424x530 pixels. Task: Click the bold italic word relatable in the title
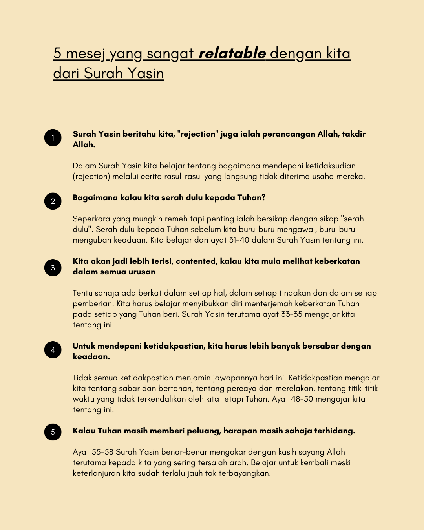pos(232,53)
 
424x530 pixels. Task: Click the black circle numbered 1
pos(53,138)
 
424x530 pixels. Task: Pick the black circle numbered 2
pos(53,201)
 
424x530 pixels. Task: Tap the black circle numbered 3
pos(53,268)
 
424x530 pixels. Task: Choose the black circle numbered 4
pos(53,350)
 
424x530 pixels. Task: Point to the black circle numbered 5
pos(53,432)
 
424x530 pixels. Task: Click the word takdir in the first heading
pos(353,134)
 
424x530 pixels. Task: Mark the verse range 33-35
pos(292,314)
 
